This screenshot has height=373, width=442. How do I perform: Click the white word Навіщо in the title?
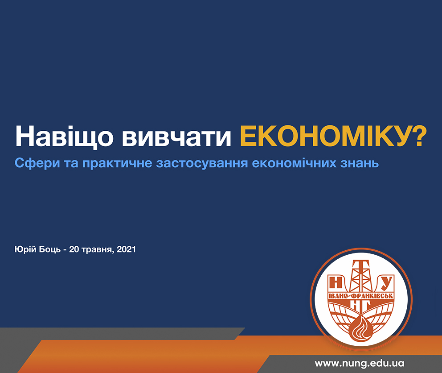[x=64, y=137]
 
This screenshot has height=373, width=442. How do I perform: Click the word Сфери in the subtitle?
[x=37, y=163]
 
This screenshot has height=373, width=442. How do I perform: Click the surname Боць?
[x=49, y=249]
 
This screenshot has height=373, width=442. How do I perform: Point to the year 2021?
[x=126, y=249]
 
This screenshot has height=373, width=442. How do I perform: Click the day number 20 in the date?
[x=74, y=249]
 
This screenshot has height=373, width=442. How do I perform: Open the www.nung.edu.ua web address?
[x=360, y=363]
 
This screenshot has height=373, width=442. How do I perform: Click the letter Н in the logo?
[x=336, y=282]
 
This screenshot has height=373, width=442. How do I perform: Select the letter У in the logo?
[x=386, y=283]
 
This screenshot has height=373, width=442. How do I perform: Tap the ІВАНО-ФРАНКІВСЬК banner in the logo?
[x=361, y=296]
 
